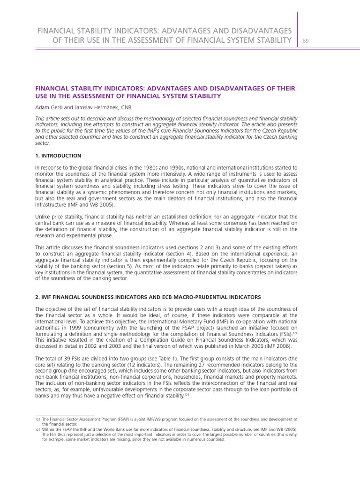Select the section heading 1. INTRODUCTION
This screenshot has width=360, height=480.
coord(58,156)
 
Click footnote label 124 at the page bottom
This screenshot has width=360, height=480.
coord(37,419)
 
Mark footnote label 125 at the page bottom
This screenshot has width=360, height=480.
coord(37,430)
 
